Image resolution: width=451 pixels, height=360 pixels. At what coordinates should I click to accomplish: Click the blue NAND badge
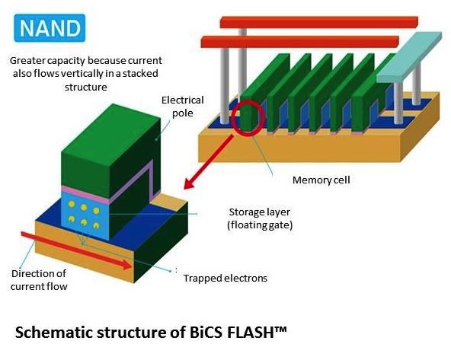[50, 28]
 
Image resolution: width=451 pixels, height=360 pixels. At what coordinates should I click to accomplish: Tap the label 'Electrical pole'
[182, 107]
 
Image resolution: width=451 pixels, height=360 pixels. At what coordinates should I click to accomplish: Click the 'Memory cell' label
[321, 180]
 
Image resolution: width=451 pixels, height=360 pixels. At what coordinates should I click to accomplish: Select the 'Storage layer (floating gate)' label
[260, 218]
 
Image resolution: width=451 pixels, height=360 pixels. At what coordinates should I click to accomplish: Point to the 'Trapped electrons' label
[225, 278]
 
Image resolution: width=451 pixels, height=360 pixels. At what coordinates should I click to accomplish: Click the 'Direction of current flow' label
[39, 280]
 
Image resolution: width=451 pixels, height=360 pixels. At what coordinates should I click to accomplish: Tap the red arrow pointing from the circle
[208, 162]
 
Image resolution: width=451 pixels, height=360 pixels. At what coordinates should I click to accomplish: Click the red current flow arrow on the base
[76, 250]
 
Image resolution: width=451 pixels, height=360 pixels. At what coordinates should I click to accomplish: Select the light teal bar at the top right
[409, 57]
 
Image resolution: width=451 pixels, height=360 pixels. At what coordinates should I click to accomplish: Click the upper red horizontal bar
[319, 22]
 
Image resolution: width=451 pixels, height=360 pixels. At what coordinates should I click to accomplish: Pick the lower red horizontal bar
[299, 42]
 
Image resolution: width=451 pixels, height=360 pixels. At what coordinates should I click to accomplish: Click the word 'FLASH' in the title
[249, 333]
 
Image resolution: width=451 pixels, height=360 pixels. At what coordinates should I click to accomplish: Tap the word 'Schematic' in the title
[53, 333]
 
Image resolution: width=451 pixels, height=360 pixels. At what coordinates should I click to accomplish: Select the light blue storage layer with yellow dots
[85, 215]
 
